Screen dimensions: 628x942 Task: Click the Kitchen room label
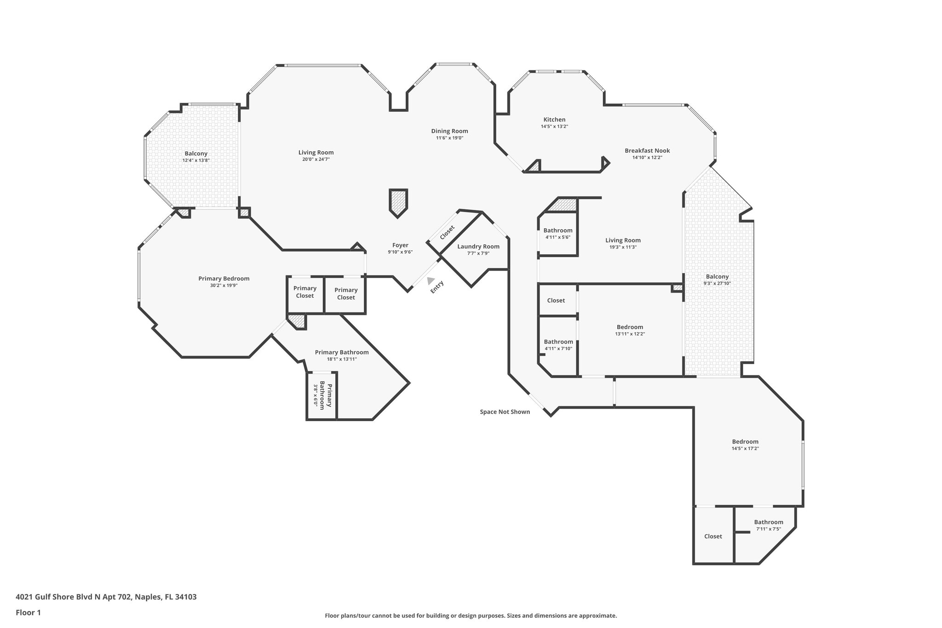(554, 120)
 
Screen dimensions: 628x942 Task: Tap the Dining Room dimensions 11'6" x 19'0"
(449, 138)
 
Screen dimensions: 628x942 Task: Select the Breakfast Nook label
(647, 150)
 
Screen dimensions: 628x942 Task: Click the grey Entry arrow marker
(431, 280)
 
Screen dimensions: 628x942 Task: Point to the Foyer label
(400, 245)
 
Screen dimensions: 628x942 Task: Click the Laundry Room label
(478, 247)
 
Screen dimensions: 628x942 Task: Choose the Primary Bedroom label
(224, 278)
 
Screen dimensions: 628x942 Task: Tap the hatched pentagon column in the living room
(398, 202)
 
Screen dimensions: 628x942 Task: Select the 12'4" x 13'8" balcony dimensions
(196, 161)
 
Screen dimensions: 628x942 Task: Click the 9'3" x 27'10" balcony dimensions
(717, 283)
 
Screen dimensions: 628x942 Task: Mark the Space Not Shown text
(505, 412)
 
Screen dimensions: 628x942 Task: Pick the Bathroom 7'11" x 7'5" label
(768, 522)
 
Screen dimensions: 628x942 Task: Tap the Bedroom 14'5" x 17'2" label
(745, 442)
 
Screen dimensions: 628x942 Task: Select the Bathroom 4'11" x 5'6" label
(558, 230)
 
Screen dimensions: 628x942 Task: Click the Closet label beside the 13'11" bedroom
(556, 300)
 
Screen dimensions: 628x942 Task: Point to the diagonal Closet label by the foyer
(447, 232)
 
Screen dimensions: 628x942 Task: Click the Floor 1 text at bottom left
(29, 612)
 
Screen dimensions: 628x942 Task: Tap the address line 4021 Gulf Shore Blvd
(106, 597)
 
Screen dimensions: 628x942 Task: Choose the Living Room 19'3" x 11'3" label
(623, 240)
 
